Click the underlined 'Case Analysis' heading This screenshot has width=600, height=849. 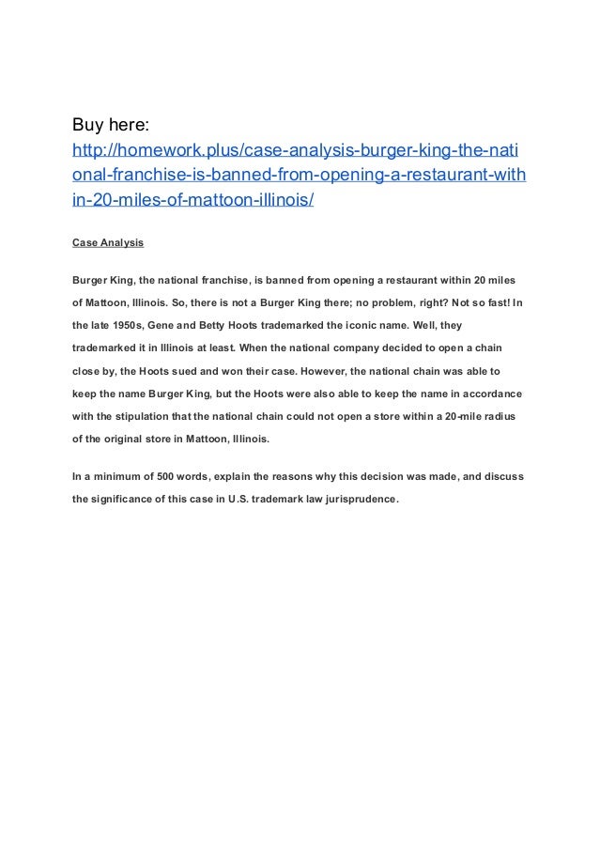tap(108, 242)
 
